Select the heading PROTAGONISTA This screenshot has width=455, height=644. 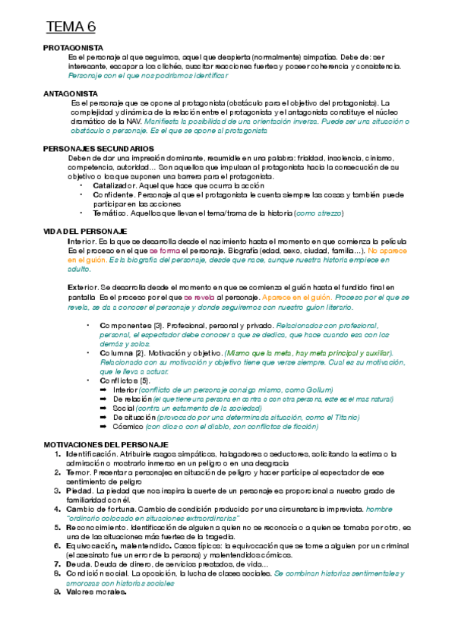tap(73, 48)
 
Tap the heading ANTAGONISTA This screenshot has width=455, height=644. tap(71, 93)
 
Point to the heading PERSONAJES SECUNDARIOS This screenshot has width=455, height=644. tap(99, 148)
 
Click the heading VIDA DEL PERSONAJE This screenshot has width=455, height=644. tap(85, 231)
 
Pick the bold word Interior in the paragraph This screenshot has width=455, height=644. tap(81, 241)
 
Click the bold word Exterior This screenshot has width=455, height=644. tap(82, 287)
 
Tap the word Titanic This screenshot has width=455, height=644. tap(345, 418)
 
